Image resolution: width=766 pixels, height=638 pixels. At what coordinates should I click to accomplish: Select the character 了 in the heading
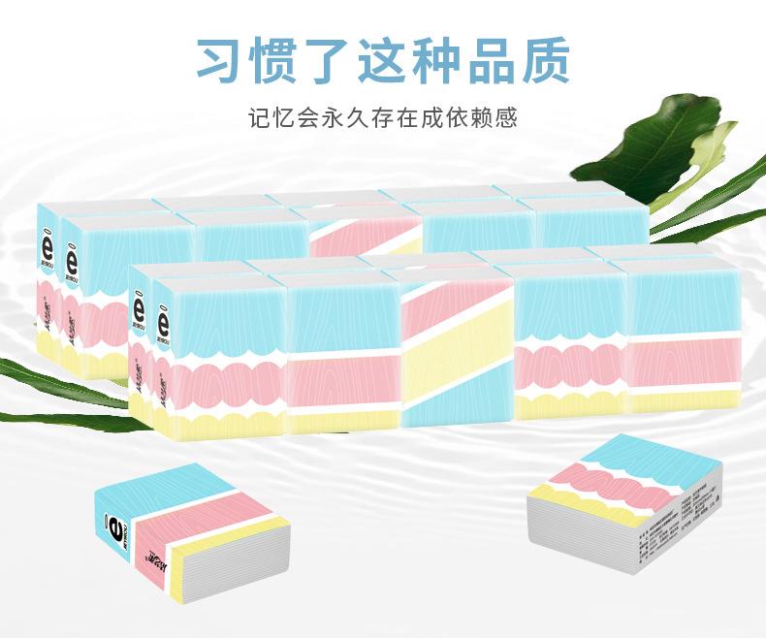pos(331,59)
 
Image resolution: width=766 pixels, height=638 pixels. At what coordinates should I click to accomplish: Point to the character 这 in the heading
pos(384,59)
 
